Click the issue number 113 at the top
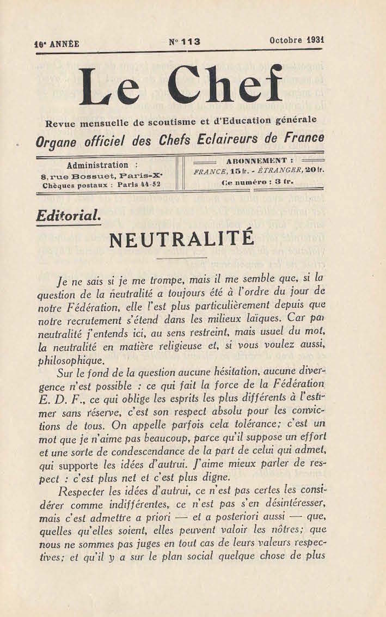190,41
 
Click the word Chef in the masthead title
225,85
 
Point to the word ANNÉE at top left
64,44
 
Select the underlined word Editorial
68,216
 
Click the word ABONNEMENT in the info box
252,161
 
